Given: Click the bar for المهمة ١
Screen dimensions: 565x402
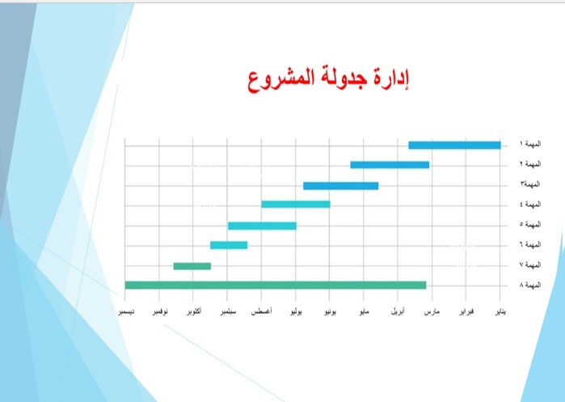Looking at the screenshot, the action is point(454,145).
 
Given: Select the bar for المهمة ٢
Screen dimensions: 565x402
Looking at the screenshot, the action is point(390,165).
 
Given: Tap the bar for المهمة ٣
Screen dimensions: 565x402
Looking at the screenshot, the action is point(341,186).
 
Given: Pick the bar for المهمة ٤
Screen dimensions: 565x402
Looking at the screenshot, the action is point(296,204).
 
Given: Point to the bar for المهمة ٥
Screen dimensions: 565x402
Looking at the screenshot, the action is point(262,226).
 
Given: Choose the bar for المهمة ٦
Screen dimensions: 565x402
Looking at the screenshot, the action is point(229,245).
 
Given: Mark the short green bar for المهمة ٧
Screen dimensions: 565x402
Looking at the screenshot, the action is point(192,266).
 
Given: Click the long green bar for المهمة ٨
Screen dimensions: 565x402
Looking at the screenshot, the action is point(276,286).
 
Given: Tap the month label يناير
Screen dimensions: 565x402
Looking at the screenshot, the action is point(500,311).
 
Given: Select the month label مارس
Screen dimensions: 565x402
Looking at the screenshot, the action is point(432,311).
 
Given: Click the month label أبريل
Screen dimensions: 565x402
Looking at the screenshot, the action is point(398,311).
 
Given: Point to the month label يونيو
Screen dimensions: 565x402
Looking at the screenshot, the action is point(330,311).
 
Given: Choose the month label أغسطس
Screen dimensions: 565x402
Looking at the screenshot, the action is point(262,311).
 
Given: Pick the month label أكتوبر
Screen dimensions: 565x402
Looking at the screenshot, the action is point(194,311).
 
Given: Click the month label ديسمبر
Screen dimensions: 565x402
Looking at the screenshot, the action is point(126,311).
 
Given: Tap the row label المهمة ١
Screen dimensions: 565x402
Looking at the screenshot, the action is point(530,144).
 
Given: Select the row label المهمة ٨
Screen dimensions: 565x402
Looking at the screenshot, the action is point(530,285).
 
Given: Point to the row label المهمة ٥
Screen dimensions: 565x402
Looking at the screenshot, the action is point(530,224).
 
